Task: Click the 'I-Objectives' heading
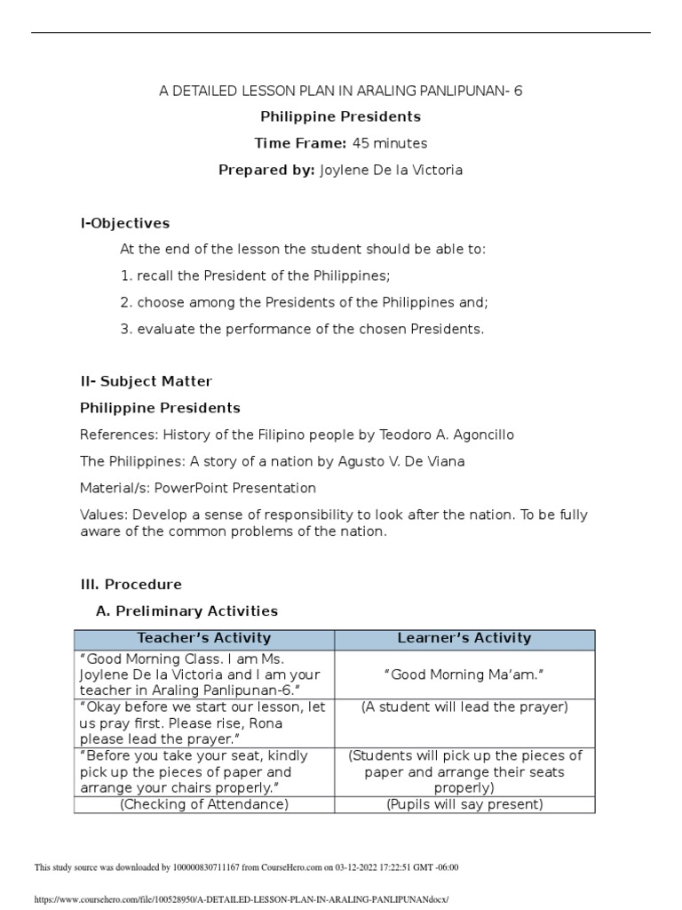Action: tap(124, 223)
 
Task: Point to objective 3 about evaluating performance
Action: tap(303, 329)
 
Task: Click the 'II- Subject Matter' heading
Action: tap(146, 381)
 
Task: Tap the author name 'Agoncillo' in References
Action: tap(482, 435)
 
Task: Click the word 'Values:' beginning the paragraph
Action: tap(102, 515)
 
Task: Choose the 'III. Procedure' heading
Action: tap(131, 584)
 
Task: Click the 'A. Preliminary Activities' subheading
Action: tap(186, 611)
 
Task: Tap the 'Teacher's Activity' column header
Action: tap(204, 638)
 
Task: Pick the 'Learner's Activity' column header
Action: tap(464, 638)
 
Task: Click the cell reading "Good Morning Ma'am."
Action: tap(464, 676)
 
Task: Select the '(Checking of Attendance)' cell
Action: tap(204, 804)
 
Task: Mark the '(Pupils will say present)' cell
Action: tap(464, 804)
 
